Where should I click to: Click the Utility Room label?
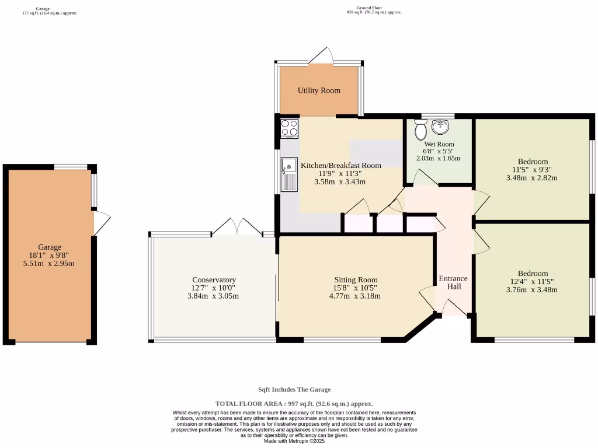[319, 90]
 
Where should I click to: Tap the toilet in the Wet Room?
[420, 129]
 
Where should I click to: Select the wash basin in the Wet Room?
[440, 126]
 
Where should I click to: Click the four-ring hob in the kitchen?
[289, 128]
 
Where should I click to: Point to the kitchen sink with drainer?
[289, 174]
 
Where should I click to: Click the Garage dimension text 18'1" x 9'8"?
[50, 255]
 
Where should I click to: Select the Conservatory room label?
[214, 280]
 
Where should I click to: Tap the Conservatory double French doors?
[237, 227]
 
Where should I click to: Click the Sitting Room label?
[356, 280]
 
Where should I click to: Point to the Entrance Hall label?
[453, 282]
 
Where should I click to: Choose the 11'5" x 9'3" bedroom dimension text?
[531, 170]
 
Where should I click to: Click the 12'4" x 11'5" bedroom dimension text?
[533, 282]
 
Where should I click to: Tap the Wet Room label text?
[439, 144]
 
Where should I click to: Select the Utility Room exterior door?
[321, 55]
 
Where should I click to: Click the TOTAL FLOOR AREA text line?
[294, 404]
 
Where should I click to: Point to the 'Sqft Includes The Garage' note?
[294, 390]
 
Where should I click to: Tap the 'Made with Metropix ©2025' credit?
[294, 441]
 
